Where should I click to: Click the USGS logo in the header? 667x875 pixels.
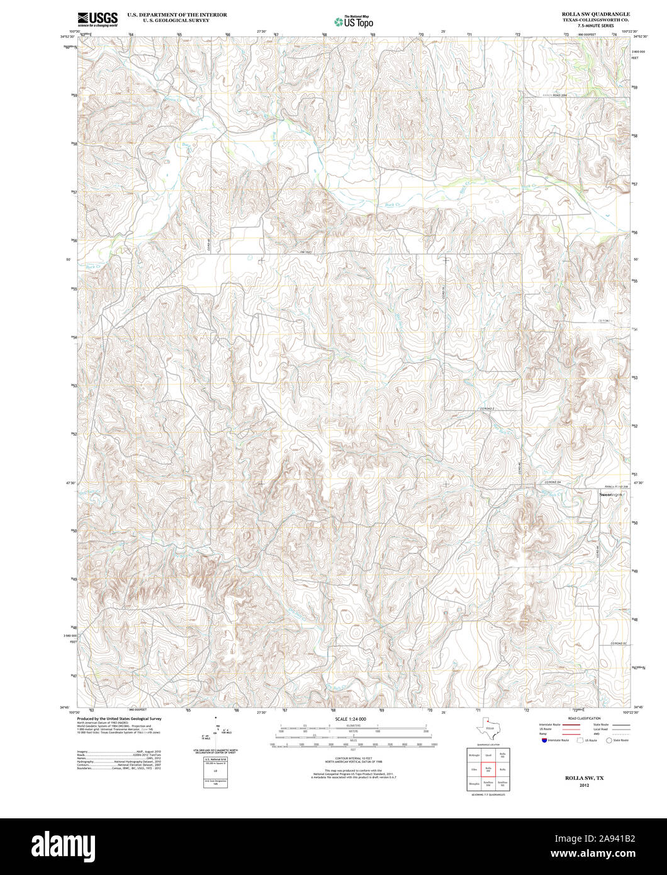point(98,19)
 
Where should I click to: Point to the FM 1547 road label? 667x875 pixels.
point(306,252)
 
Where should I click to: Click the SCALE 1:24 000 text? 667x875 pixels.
point(350,718)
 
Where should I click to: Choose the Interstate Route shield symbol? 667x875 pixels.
point(543,740)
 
